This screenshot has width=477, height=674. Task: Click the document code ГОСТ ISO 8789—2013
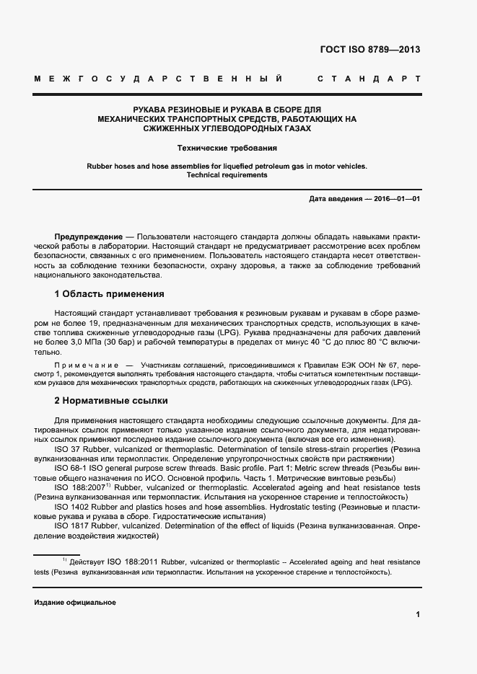369,50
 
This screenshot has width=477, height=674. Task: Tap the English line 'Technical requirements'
227,175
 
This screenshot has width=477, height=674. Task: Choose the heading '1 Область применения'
109,294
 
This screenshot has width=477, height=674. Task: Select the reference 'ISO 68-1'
72,468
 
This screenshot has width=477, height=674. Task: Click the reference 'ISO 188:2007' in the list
82,487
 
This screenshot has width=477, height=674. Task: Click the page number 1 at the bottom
417,614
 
